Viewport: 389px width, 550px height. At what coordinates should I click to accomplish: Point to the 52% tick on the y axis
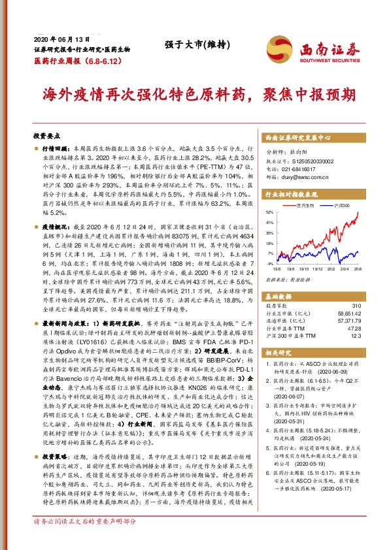click(270, 213)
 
